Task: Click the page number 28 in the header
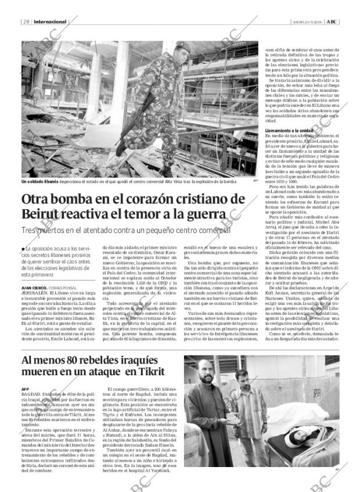[x=26, y=22]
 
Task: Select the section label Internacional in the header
[x=51, y=22]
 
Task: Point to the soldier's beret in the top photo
[x=182, y=45]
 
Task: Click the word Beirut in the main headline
[x=42, y=214]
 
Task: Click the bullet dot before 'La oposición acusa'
[x=23, y=249]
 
